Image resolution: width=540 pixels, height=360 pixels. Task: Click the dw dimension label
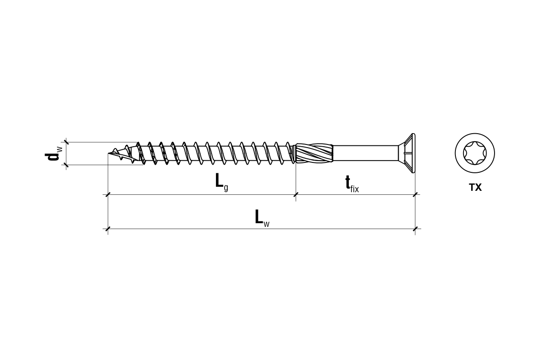54,153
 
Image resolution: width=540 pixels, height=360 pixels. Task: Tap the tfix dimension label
352,184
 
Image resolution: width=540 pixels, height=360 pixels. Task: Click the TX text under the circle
475,187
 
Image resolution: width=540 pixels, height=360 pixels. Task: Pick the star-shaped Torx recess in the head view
475,153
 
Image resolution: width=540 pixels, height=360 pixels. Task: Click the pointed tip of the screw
108,153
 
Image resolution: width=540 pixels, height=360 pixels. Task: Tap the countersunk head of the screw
407,153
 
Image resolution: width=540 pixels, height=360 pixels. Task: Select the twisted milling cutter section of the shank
315,153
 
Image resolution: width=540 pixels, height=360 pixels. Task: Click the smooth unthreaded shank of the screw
365,153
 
